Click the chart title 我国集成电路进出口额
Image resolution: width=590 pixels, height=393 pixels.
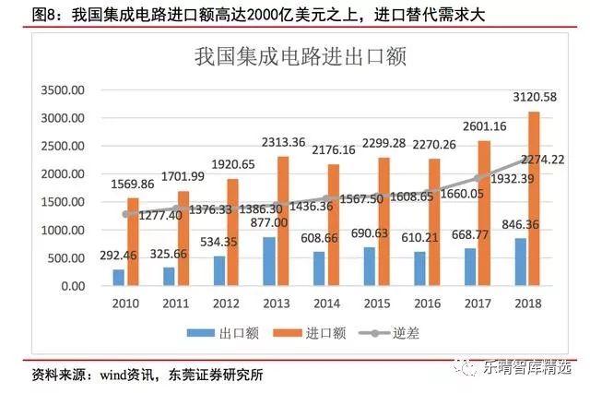[301, 57]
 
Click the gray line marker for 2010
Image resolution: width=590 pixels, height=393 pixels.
[126, 214]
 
